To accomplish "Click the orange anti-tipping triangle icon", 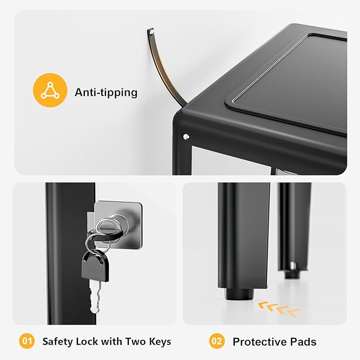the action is pos(50,90).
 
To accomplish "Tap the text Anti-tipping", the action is pos(106,93).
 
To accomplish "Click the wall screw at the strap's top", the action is pos(152,31).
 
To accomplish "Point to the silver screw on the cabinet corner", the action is pos(186,137).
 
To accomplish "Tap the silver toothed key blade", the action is pos(95,296).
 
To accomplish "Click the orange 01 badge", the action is pos(27,341).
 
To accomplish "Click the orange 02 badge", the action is pos(217,341).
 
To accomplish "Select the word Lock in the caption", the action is pos(87,341).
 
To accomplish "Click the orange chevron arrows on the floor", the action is pos(279,309).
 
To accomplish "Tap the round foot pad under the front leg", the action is pos(239,294).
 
